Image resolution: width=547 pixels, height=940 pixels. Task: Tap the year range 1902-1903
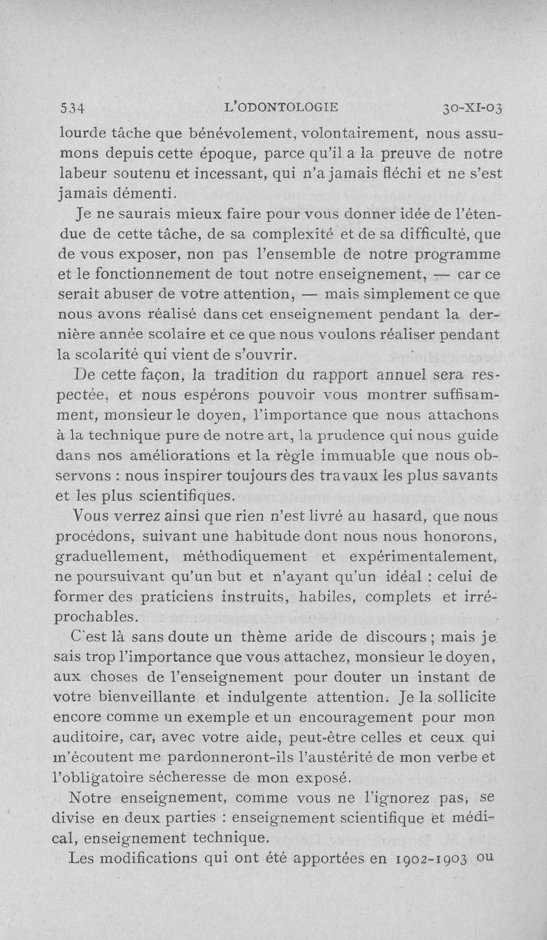coord(428,856)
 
